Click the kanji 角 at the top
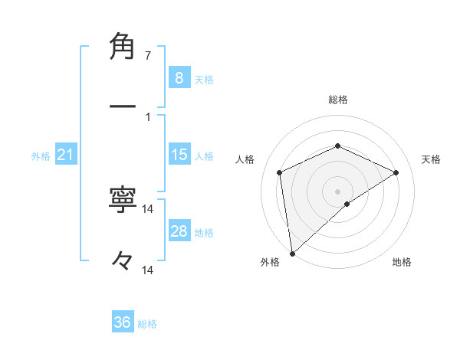click(x=123, y=47)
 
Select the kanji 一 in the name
click(x=123, y=106)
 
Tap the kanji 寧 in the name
click(x=123, y=201)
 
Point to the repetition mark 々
click(x=123, y=262)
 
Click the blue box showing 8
click(x=179, y=77)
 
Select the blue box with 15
click(x=179, y=155)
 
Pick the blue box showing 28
click(x=179, y=231)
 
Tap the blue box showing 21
click(x=66, y=155)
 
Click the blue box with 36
click(x=123, y=322)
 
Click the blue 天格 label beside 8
click(x=204, y=79)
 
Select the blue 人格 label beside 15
click(x=204, y=156)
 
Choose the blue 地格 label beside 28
click(x=204, y=233)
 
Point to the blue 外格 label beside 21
click(x=41, y=156)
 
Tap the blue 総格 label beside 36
click(x=147, y=324)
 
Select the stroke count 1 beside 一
click(x=147, y=116)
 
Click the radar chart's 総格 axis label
click(x=338, y=100)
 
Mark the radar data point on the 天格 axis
click(x=396, y=172)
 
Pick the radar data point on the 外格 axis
click(x=292, y=254)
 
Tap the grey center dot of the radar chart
click(x=338, y=191)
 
